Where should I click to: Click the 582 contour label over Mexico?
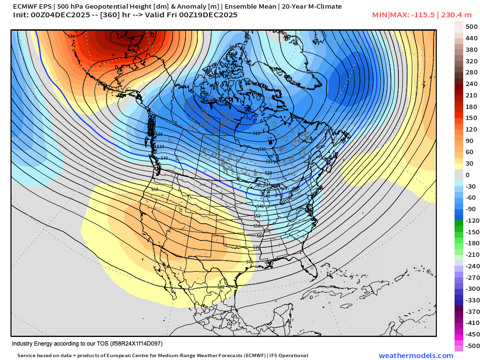coord(221,287)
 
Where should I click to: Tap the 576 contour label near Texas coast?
coord(250,262)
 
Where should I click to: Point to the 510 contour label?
coord(256,133)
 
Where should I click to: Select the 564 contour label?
coord(260,236)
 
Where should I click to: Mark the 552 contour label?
coord(257,216)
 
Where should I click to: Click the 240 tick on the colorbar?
coord(471,84)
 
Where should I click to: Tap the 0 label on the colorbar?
coord(468,175)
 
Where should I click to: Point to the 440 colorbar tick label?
coord(471,38)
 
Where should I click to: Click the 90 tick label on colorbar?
coord(469,141)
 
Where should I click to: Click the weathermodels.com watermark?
coord(416,355)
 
